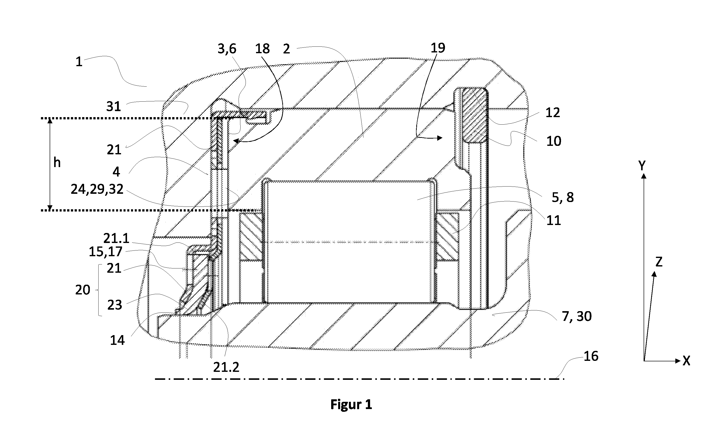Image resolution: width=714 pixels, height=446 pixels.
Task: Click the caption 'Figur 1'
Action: coord(351,404)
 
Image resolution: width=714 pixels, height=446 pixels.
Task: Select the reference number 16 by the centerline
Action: coord(591,356)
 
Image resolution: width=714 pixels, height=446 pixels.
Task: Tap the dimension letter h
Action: coord(57,163)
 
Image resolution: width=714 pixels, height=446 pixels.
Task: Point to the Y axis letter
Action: coord(642,166)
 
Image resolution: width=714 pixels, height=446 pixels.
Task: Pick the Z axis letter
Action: coord(659,262)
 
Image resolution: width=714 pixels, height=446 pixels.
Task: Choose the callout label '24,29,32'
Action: coord(97,189)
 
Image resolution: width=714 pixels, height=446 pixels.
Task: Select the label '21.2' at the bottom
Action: coord(226,367)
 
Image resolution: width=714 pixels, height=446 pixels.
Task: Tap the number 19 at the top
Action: coord(438,47)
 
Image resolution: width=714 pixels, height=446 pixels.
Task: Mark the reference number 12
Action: coord(553,112)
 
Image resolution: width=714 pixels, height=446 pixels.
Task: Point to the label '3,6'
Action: coord(227,49)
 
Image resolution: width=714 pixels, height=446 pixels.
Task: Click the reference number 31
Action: coord(114,106)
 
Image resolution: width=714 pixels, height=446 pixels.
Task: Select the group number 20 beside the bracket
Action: coord(83,290)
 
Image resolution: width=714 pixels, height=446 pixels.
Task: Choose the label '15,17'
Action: coord(106,252)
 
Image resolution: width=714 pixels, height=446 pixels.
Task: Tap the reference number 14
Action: coord(117,340)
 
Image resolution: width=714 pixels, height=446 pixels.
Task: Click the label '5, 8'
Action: coord(563,197)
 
